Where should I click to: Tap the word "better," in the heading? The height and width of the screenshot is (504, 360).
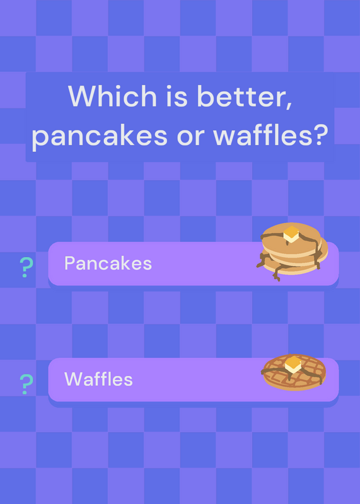[245, 97]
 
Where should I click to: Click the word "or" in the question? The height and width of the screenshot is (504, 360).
[190, 137]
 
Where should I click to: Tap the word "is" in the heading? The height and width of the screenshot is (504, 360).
[177, 96]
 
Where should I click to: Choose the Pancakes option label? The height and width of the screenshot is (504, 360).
[108, 263]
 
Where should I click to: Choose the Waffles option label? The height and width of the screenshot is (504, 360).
[98, 379]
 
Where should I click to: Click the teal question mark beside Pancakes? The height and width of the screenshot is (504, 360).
[26, 267]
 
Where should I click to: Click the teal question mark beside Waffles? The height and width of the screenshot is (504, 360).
[26, 384]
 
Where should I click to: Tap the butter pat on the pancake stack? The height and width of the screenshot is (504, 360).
[291, 234]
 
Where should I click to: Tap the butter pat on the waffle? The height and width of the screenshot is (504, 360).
[293, 365]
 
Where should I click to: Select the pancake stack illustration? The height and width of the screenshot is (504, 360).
[292, 251]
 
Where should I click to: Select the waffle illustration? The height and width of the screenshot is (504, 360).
[294, 372]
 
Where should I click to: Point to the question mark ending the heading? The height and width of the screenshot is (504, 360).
[319, 135]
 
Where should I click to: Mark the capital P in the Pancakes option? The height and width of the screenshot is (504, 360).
[70, 263]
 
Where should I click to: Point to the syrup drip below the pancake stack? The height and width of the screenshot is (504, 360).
[276, 273]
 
